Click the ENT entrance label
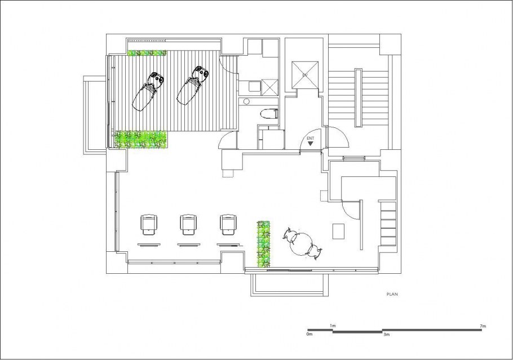click(310, 139)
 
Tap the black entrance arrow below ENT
click(310, 143)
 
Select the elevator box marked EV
click(305, 74)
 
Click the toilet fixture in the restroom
click(269, 113)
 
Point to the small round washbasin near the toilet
click(247, 101)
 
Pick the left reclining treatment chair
click(148, 92)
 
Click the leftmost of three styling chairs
click(149, 224)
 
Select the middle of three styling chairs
click(188, 224)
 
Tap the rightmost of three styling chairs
click(228, 224)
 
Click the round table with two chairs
click(302, 244)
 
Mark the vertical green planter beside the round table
click(263, 245)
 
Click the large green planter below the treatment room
click(141, 140)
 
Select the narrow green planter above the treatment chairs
click(147, 53)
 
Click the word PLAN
click(392, 294)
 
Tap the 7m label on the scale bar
click(483, 326)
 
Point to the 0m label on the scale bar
click(309, 334)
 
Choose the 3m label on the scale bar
click(386, 335)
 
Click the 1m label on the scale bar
click(333, 326)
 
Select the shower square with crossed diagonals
click(270, 87)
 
